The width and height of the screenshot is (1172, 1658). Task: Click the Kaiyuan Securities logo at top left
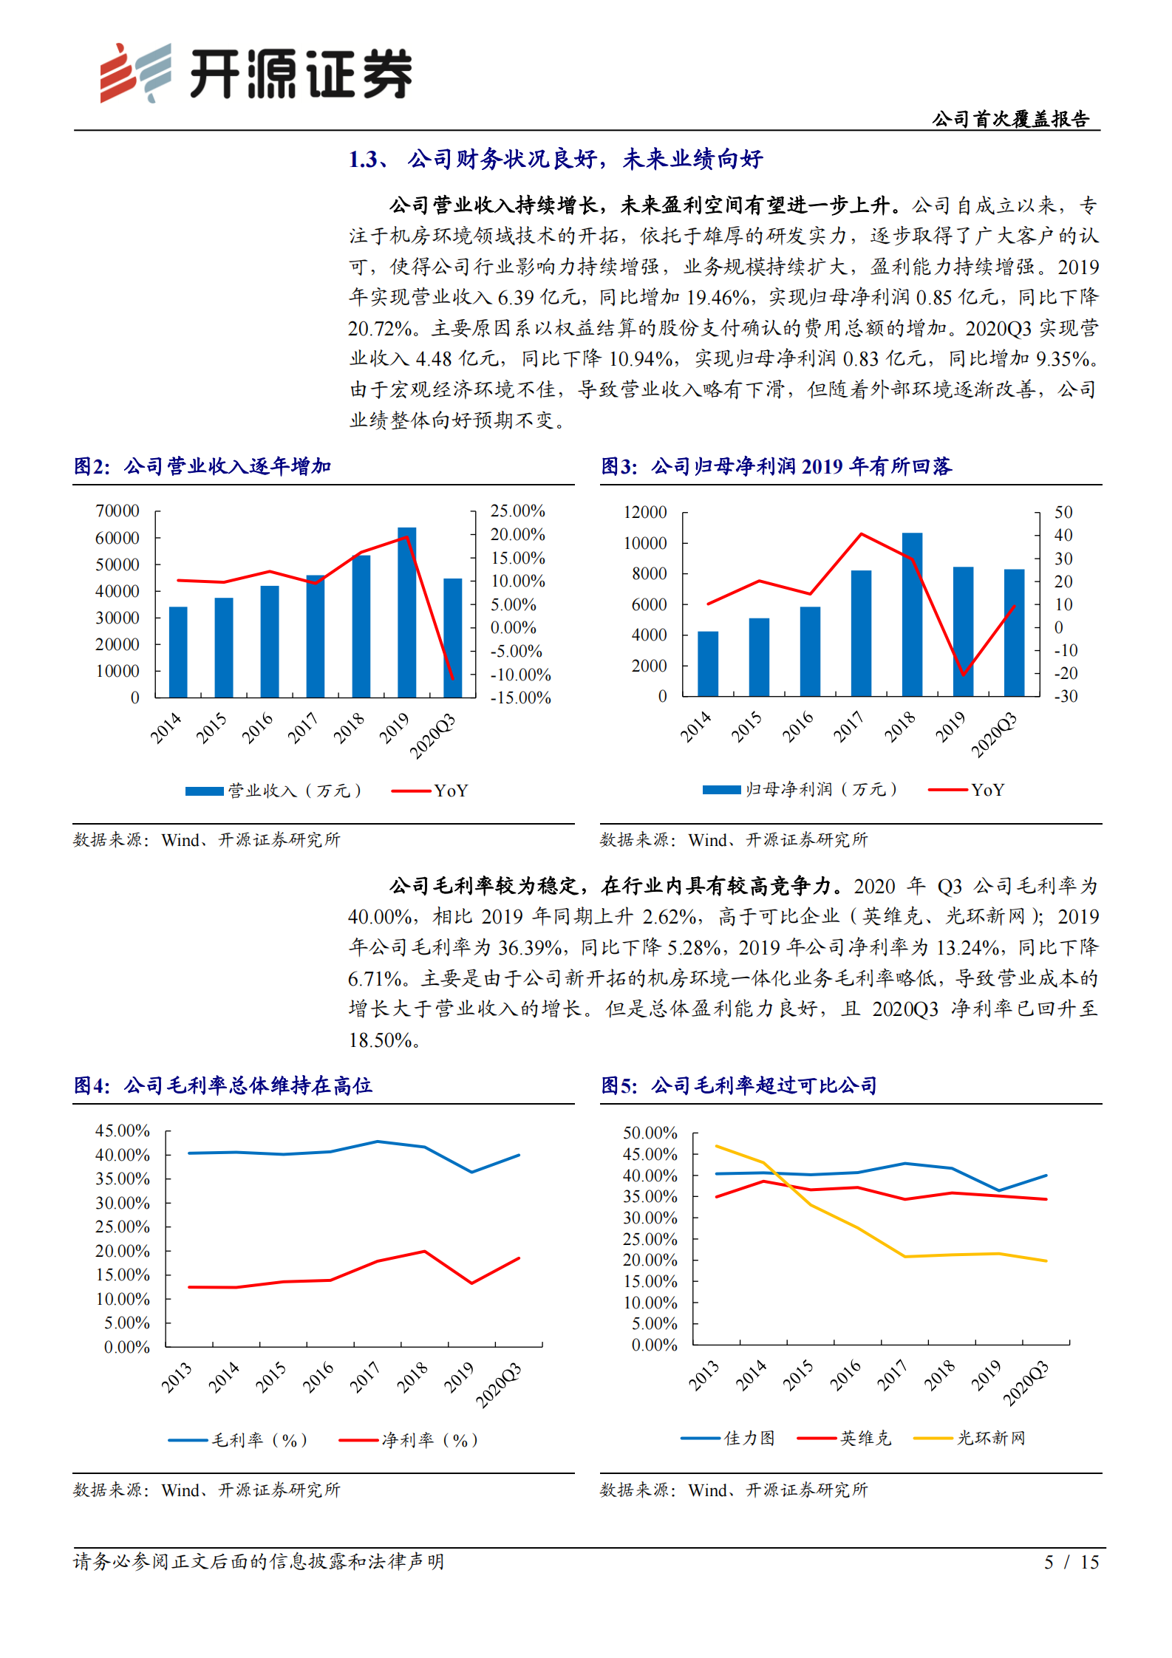click(255, 73)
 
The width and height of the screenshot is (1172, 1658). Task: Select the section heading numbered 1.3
click(555, 159)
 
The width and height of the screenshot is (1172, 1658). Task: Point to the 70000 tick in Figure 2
click(117, 511)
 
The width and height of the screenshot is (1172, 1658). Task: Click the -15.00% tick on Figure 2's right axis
click(520, 698)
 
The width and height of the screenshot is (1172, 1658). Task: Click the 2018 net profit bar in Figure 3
click(912, 614)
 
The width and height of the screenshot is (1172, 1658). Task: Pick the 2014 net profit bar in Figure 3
click(707, 663)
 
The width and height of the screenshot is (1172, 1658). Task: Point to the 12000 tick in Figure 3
click(645, 512)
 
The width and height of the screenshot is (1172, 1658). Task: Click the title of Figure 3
click(776, 466)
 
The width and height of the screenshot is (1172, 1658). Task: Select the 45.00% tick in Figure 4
click(122, 1130)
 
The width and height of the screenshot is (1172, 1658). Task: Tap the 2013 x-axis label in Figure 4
click(177, 1378)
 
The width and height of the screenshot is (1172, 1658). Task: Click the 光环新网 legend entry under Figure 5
click(970, 1438)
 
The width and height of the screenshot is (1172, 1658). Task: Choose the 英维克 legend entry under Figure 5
click(845, 1438)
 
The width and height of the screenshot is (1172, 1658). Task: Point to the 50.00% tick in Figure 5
click(650, 1133)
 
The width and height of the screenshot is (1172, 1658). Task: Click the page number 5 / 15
click(1071, 1562)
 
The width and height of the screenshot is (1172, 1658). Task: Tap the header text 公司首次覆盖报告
click(1010, 119)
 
